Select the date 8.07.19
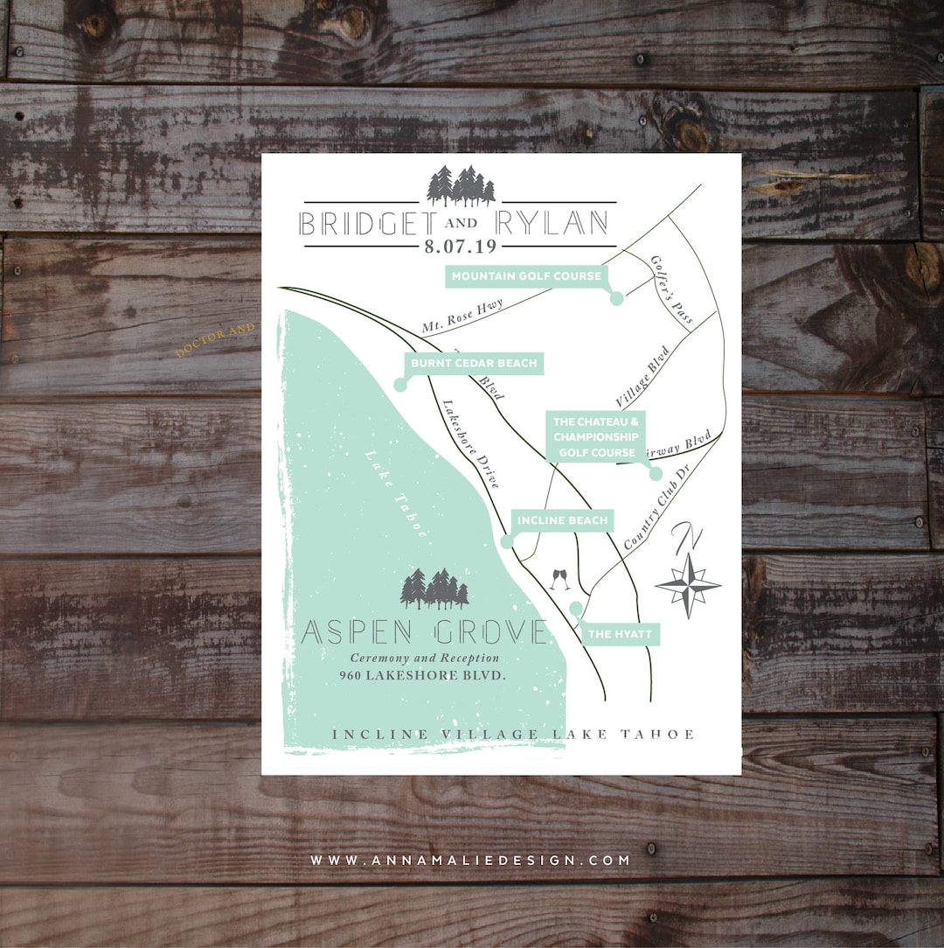pyautogui.click(x=460, y=247)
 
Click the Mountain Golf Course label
pyautogui.click(x=526, y=276)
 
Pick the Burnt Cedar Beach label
pyautogui.click(x=473, y=363)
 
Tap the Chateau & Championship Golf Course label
pyautogui.click(x=595, y=436)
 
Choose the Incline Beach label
pyautogui.click(x=562, y=520)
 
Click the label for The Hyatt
pyautogui.click(x=620, y=634)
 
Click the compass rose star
pyautogui.click(x=688, y=584)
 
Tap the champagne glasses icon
pyautogui.click(x=560, y=578)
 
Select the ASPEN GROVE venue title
pyautogui.click(x=425, y=632)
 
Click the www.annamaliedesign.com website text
pyautogui.click(x=470, y=861)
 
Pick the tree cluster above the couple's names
pyautogui.click(x=461, y=185)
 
